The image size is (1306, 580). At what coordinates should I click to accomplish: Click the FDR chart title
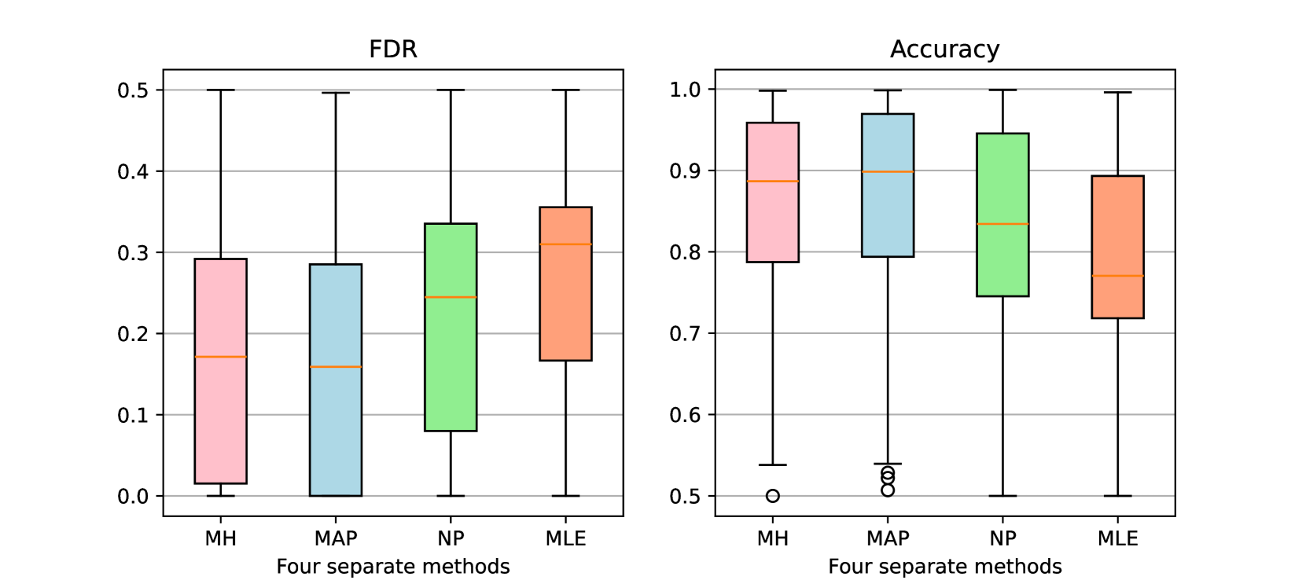click(393, 50)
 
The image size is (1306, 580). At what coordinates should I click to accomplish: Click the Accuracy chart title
click(944, 50)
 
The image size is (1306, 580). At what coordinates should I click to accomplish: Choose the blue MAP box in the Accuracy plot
click(888, 212)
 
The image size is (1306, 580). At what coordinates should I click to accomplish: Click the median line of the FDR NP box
click(451, 297)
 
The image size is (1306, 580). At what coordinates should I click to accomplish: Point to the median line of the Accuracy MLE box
click(1117, 276)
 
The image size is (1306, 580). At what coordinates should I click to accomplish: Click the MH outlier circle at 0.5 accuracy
click(773, 496)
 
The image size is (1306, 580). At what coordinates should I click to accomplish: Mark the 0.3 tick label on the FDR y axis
click(133, 253)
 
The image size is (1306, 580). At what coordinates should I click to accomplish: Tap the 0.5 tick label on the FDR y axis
click(133, 90)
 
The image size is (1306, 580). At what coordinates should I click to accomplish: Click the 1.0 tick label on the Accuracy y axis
click(685, 90)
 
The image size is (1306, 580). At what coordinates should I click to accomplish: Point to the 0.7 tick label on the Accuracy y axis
click(685, 334)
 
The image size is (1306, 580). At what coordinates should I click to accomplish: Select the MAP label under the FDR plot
click(336, 538)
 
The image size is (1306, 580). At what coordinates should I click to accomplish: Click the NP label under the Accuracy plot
click(1002, 538)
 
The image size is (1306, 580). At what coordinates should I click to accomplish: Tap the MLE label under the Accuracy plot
click(1117, 538)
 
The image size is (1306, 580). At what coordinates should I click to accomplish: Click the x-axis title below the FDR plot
click(393, 567)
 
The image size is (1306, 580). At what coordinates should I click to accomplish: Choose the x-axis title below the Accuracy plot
click(944, 567)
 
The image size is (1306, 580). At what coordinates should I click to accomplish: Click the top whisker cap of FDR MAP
click(336, 93)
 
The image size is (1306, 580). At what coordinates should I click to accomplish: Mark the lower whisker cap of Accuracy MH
click(773, 464)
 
